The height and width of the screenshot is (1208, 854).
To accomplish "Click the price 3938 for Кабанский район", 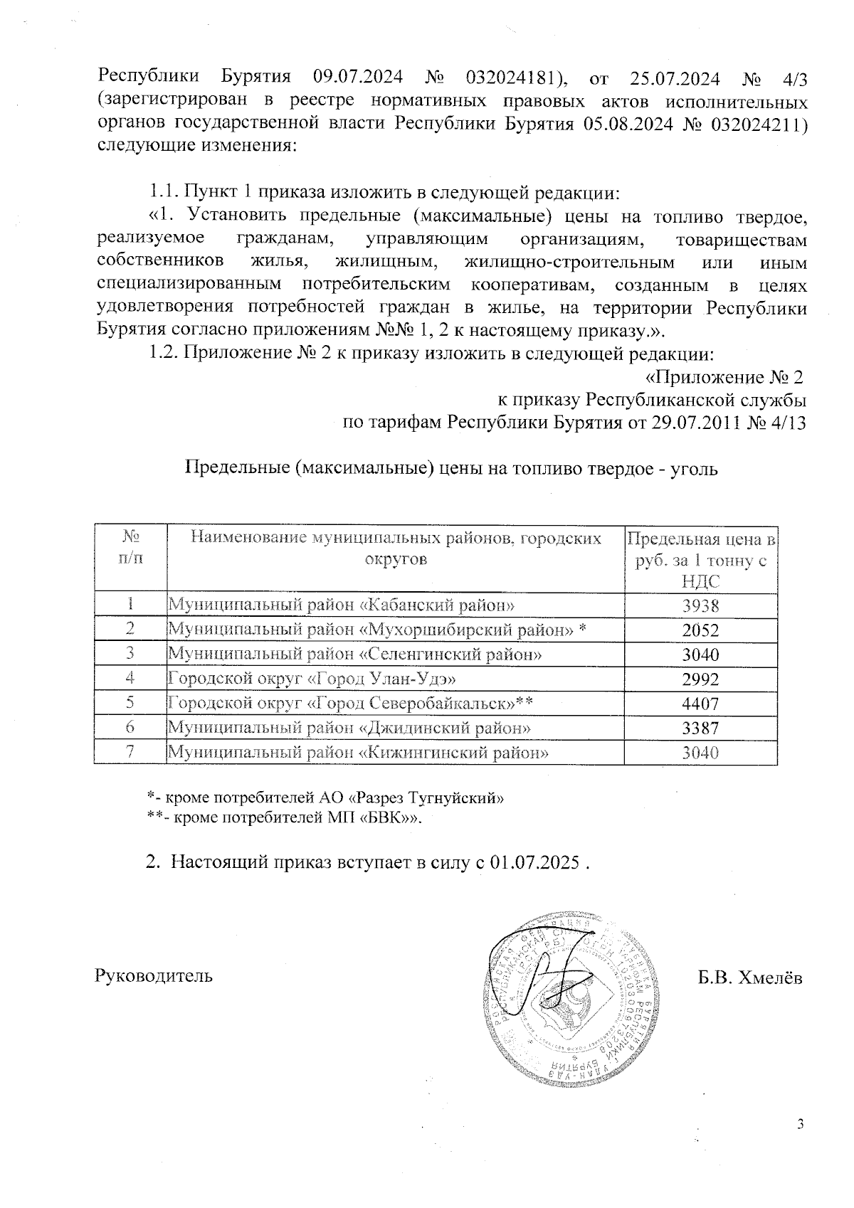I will (x=700, y=605).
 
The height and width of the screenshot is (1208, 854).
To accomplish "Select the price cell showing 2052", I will (x=700, y=630).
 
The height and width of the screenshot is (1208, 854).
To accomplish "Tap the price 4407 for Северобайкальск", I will (x=700, y=704).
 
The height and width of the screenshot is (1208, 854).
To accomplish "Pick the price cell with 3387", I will (x=700, y=728).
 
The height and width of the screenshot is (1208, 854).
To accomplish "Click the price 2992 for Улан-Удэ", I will (x=700, y=679).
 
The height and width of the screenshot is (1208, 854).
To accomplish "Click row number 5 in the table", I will (x=130, y=704).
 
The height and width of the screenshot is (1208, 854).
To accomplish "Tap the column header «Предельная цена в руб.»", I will (x=700, y=559).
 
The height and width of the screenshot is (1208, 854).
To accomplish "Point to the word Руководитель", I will (x=154, y=975).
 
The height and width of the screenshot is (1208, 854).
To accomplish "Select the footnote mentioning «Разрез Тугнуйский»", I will (x=325, y=798).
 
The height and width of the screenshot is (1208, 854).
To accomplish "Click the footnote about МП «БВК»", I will (x=285, y=818).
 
